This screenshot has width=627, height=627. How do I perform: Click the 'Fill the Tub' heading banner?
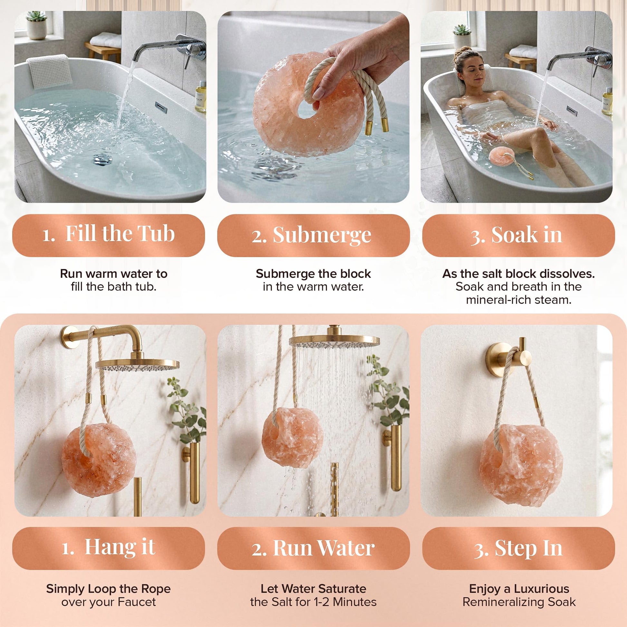pos(108,235)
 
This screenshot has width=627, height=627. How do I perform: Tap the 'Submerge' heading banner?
pos(313,235)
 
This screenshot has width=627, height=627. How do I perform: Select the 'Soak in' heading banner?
pos(518,235)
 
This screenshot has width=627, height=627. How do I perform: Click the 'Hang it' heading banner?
pos(108,548)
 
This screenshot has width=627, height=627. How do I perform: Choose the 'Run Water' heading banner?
pos(313,548)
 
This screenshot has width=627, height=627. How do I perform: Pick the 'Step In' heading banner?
pos(518,548)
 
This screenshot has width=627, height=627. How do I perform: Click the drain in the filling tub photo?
pos(101,159)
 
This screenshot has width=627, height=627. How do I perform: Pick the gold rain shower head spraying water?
pos(334,340)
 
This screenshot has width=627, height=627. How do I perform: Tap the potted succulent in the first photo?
pos(36,25)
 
